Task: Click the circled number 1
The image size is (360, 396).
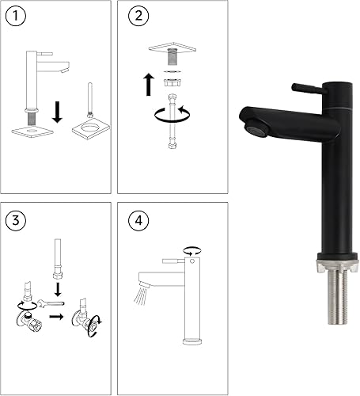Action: (x=16, y=16)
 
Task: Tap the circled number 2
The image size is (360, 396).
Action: (x=138, y=16)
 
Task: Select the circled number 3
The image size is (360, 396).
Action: (x=16, y=220)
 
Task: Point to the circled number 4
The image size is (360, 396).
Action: (x=138, y=220)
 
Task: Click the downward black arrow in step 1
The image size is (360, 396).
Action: (x=57, y=112)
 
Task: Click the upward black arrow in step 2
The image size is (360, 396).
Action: (x=149, y=85)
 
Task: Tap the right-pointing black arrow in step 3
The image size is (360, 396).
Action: (x=56, y=316)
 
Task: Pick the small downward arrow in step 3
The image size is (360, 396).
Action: (x=58, y=289)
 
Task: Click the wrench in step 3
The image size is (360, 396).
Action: (x=51, y=303)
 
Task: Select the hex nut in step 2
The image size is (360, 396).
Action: (x=172, y=82)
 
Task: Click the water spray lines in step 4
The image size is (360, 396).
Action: (x=140, y=295)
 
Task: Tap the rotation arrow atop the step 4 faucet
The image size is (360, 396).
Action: (x=192, y=251)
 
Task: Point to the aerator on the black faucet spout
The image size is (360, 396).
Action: (x=256, y=128)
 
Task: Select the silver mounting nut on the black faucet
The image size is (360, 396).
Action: (x=338, y=265)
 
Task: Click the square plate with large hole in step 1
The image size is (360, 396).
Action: (x=91, y=128)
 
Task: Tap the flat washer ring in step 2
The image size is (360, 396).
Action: (x=172, y=71)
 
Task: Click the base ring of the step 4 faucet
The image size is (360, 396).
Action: (x=192, y=341)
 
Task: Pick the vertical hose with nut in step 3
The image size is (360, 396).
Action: (x=58, y=259)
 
